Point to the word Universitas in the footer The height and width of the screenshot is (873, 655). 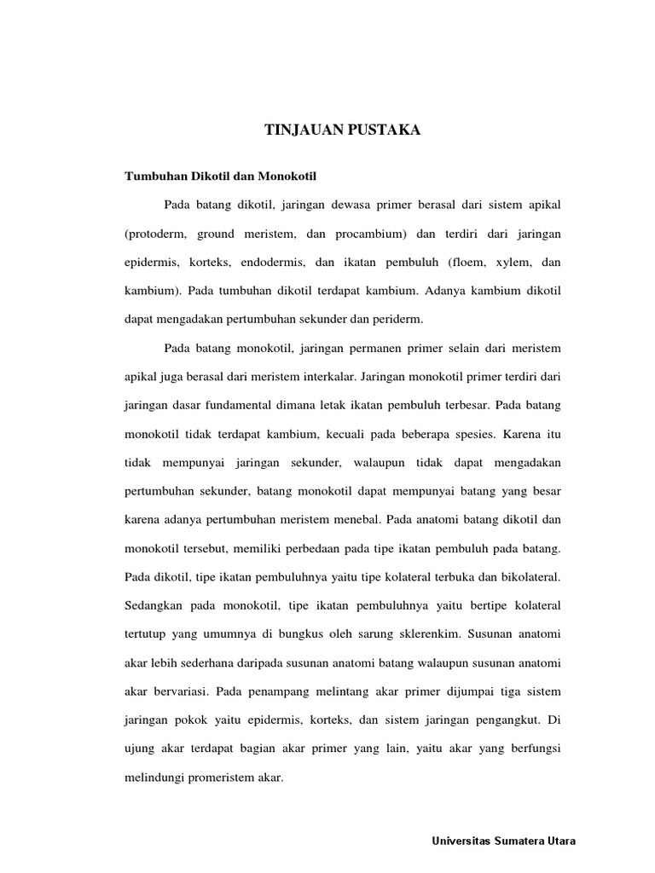pyautogui.click(x=460, y=841)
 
